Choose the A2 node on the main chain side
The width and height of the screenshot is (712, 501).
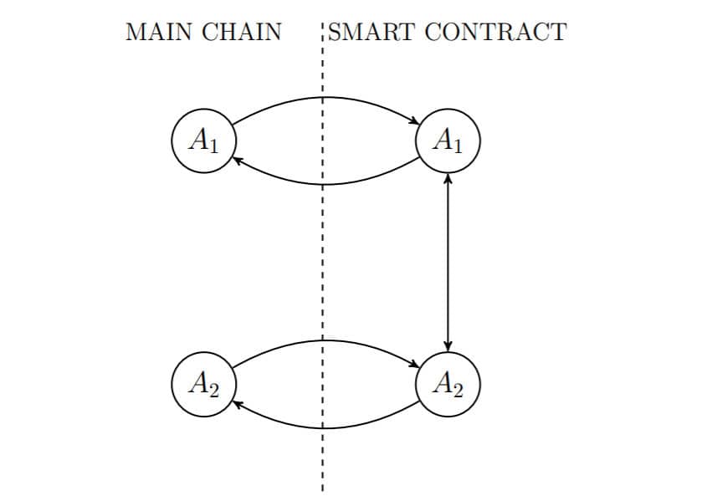coord(202,384)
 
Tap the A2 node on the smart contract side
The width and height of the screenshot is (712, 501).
coord(448,384)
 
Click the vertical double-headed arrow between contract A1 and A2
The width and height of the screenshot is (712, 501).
coord(448,263)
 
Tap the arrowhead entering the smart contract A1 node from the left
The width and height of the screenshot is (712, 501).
coord(415,123)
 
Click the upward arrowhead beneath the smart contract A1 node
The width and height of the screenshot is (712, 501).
coord(448,178)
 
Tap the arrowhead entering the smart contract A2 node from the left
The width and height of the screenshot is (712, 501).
coord(415,366)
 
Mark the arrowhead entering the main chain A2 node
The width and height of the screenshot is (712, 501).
coord(237,403)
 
